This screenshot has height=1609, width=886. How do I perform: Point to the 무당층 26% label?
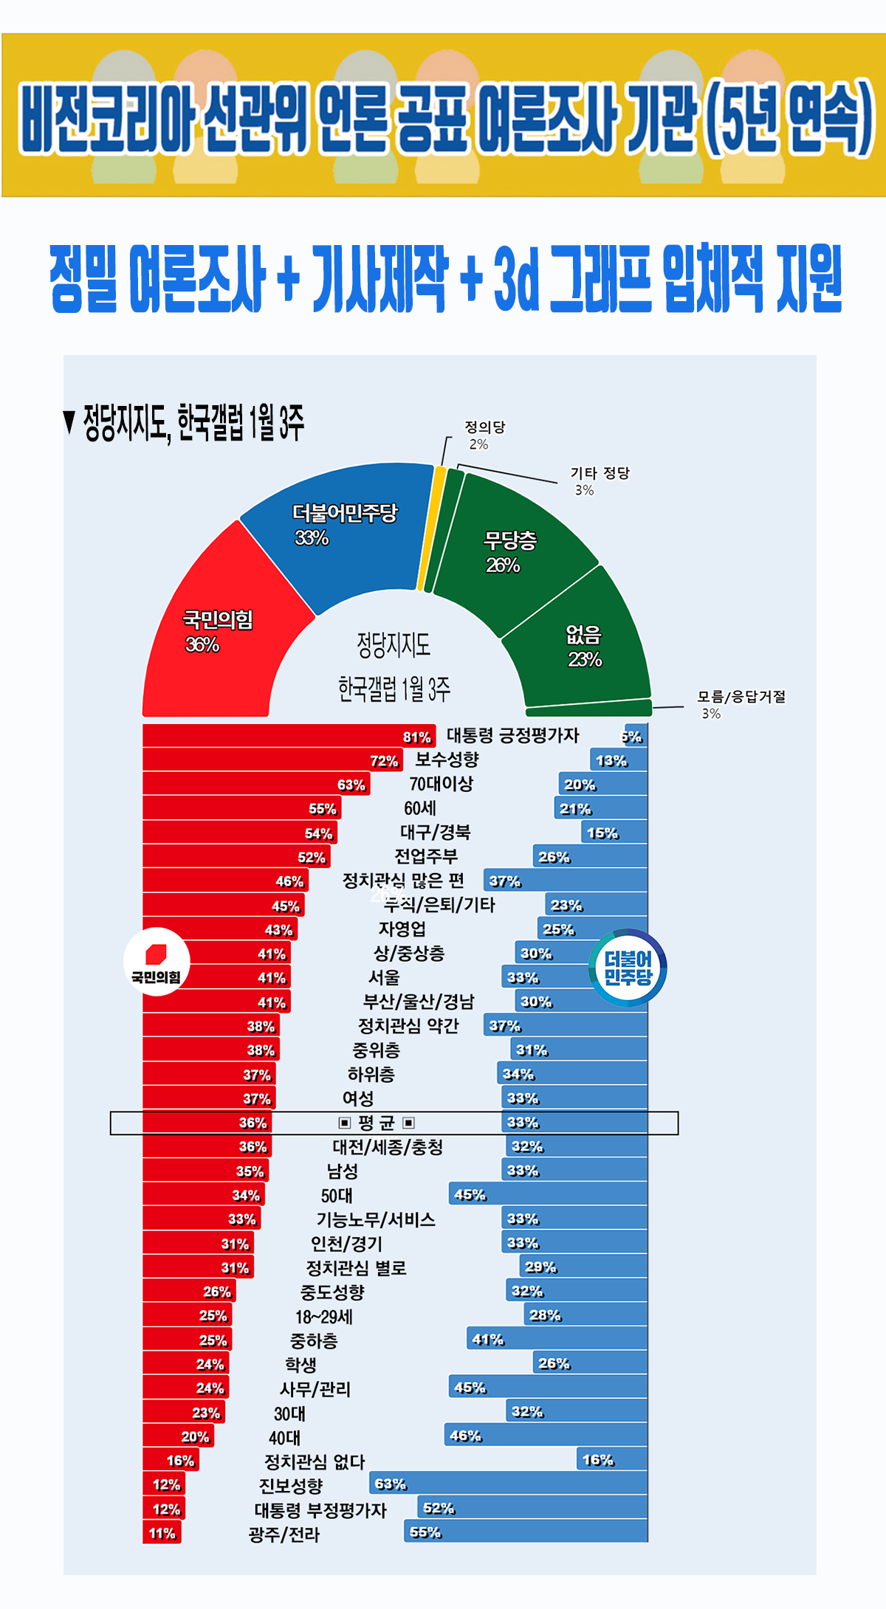coord(509,552)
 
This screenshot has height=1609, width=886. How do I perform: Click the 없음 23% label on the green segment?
coord(584,646)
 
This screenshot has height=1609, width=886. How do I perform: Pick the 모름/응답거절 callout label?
coord(741,697)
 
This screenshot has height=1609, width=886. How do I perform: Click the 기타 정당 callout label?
coord(600,473)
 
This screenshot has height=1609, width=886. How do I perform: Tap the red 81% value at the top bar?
coord(416,737)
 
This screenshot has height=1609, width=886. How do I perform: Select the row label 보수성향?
coord(447,759)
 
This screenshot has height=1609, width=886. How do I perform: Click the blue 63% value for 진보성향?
coord(390,1484)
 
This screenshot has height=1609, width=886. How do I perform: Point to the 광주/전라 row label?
coord(284,1534)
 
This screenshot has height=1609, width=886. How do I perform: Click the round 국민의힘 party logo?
coord(157,962)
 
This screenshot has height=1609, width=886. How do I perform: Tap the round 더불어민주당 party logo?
coord(628,968)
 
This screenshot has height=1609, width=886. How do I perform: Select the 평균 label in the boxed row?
coord(377,1123)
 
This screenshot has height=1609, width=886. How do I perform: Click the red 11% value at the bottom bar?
coord(162,1533)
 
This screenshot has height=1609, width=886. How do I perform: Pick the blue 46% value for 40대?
coord(465,1436)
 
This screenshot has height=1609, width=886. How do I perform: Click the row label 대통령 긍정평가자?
coord(512,735)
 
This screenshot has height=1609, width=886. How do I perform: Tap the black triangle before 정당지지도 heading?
coord(69,422)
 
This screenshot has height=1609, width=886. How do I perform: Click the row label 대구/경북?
coord(435,833)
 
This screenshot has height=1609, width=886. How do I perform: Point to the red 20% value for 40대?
coord(195,1436)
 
